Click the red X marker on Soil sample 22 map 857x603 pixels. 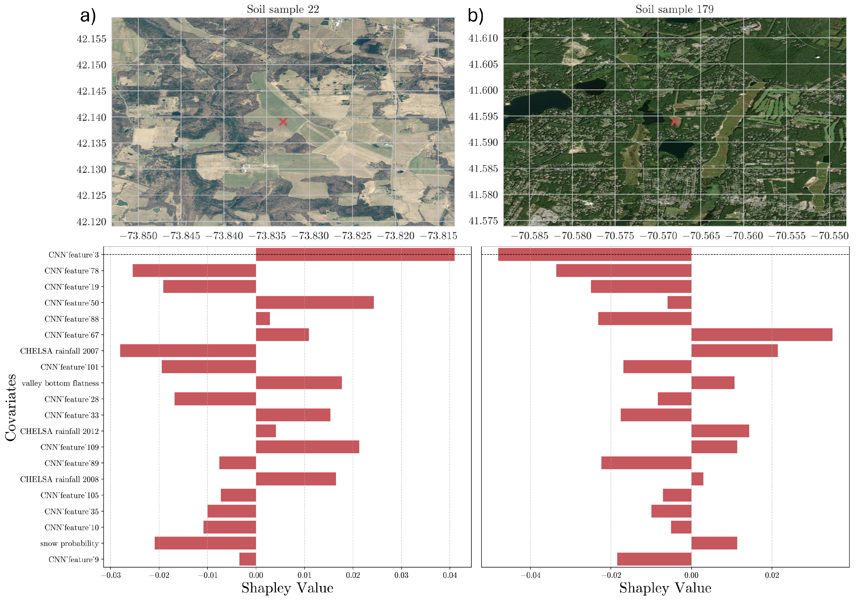pyautogui.click(x=283, y=122)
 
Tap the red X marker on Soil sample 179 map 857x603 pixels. pyautogui.click(x=675, y=122)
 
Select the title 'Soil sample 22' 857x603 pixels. pyautogui.click(x=283, y=9)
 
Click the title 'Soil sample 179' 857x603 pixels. pyautogui.click(x=675, y=9)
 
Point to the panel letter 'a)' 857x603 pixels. pyautogui.click(x=88, y=16)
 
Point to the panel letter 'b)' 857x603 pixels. pyautogui.click(x=475, y=16)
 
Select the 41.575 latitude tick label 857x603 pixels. pyautogui.click(x=483, y=221)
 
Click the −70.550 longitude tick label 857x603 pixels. pyautogui.click(x=829, y=236)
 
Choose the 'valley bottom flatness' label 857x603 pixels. pyautogui.click(x=61, y=383)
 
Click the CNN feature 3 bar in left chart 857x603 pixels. pyautogui.click(x=355, y=255)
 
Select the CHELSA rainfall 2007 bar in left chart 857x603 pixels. pyautogui.click(x=188, y=351)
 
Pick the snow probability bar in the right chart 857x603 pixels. pyautogui.click(x=714, y=543)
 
